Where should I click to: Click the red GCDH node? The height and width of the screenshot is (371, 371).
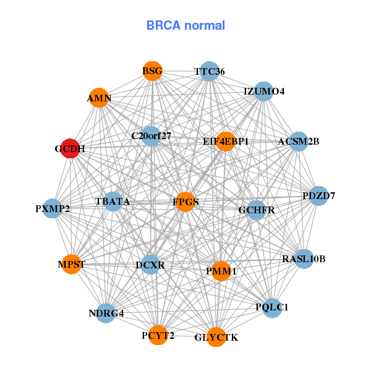click(x=70, y=149)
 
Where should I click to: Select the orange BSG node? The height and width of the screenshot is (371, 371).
click(x=152, y=71)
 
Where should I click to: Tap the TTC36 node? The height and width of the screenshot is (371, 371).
click(x=209, y=72)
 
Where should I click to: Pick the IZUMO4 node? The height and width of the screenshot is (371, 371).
click(x=264, y=92)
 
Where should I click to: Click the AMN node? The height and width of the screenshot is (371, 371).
click(x=99, y=98)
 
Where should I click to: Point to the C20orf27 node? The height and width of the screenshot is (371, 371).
click(x=151, y=135)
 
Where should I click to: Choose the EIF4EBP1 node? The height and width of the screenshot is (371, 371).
click(x=226, y=142)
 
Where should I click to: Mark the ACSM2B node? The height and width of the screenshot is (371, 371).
click(x=299, y=142)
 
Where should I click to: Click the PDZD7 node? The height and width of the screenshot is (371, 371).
click(x=318, y=196)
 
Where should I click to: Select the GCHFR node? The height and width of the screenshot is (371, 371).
click(x=257, y=210)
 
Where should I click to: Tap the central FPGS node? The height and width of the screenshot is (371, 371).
click(x=185, y=202)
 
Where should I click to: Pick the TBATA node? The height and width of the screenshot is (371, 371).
click(x=113, y=202)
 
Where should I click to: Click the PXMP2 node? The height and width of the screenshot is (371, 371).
click(x=53, y=208)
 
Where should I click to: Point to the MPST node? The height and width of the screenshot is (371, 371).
click(x=72, y=265)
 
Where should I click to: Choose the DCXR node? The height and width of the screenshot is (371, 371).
click(x=150, y=265)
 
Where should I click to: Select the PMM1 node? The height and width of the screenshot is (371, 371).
click(x=221, y=271)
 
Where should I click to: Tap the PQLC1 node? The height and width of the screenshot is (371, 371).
click(x=272, y=307)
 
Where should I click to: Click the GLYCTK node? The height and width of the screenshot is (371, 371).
click(x=216, y=337)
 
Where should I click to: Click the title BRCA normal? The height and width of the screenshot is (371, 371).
click(x=185, y=25)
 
